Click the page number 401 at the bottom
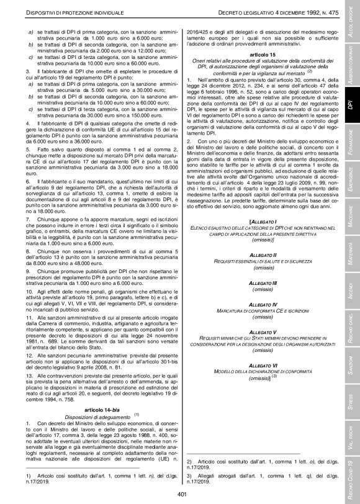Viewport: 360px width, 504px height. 182,494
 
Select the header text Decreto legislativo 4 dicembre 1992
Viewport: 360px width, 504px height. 269,12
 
